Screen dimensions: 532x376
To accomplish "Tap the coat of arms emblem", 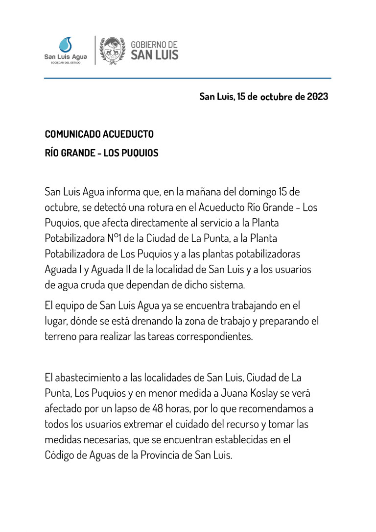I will [x=113, y=50].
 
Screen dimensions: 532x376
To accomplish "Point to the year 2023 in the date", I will [x=318, y=97].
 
